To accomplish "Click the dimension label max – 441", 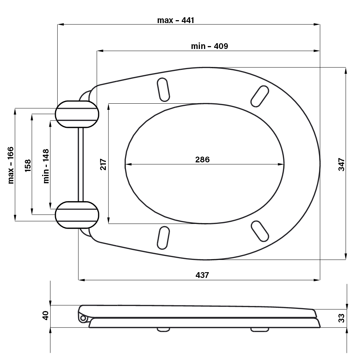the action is click(176, 20).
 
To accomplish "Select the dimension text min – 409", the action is click(210, 46).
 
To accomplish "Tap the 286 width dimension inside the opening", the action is click(202, 159).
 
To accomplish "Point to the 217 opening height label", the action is click(103, 164).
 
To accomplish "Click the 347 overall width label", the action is click(342, 165).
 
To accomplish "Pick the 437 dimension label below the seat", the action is click(202, 275).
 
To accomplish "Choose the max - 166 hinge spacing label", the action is click(11, 165).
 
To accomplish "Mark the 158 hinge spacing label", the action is click(28, 166).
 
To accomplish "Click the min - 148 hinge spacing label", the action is click(46, 166).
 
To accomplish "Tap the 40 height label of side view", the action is click(45, 315).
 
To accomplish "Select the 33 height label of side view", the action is click(341, 318).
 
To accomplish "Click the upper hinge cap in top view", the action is click(77, 114).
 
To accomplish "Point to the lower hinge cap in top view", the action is click(77, 215).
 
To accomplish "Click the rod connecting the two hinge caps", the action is click(81, 165).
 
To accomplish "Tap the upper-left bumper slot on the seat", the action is click(163, 90).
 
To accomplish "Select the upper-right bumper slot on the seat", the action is click(260, 96).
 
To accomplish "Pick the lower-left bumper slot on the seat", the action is click(163, 238).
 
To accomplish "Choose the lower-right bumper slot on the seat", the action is click(260, 231).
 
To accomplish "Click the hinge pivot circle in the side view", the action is click(83, 319).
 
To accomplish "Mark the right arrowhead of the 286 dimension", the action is click(281, 164).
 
